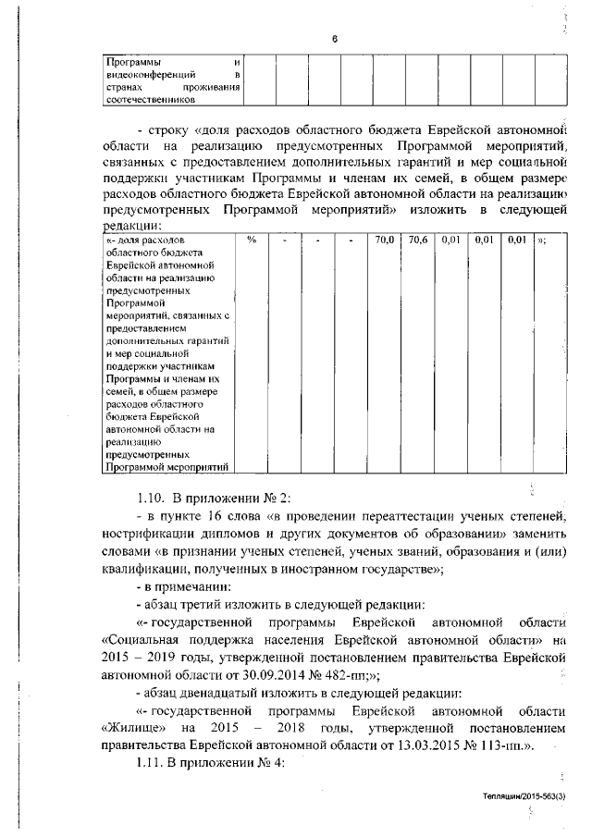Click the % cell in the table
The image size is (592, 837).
(251, 240)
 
